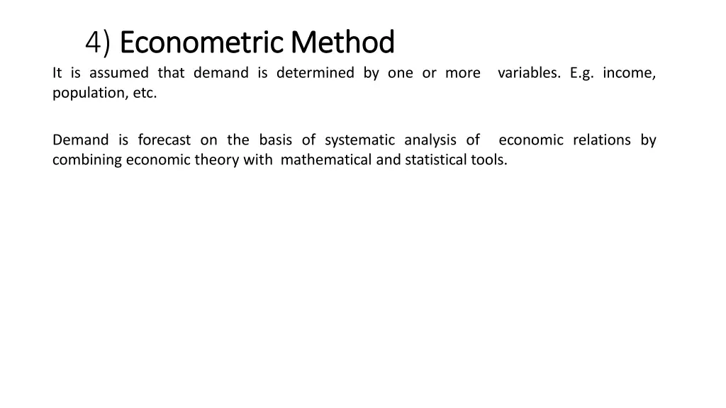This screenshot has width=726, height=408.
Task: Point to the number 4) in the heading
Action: (x=98, y=43)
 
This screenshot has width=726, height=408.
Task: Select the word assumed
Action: (x=119, y=73)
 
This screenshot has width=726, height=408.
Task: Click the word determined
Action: (x=315, y=73)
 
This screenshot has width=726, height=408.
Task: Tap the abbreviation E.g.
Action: (x=581, y=73)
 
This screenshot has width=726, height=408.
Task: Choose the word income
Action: (x=630, y=73)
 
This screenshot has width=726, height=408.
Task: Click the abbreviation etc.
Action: (x=144, y=93)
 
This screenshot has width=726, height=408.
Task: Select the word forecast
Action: (x=164, y=140)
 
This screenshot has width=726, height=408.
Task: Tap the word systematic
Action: (x=359, y=140)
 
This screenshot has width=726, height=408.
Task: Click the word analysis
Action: (x=430, y=140)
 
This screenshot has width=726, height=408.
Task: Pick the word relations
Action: (x=602, y=140)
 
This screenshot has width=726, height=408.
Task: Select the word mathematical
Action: (x=326, y=160)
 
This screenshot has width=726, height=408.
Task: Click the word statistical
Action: (x=436, y=160)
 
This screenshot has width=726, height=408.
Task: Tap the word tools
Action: (x=489, y=160)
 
